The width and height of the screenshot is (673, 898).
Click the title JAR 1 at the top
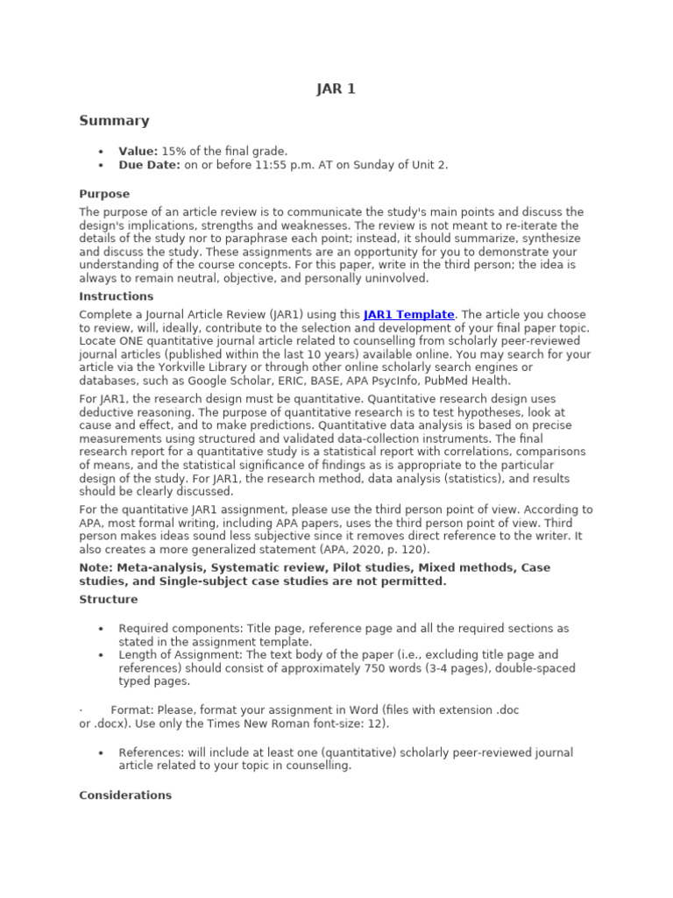coord(336,89)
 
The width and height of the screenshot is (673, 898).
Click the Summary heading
coord(114,121)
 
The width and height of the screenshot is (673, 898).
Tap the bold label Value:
coord(138,152)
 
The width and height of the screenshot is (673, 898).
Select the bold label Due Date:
coord(150,165)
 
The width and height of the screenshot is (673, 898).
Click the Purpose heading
coord(104,194)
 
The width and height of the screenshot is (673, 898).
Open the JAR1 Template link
coord(408,314)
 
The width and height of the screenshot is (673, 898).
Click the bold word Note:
coord(96,567)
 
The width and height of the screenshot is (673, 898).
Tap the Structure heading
coord(109,599)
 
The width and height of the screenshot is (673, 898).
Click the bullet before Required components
coord(102,629)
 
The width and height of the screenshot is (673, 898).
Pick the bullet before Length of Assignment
coord(102,655)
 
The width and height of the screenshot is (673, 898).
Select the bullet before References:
coord(102,753)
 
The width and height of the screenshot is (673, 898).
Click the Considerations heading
coord(125,795)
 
